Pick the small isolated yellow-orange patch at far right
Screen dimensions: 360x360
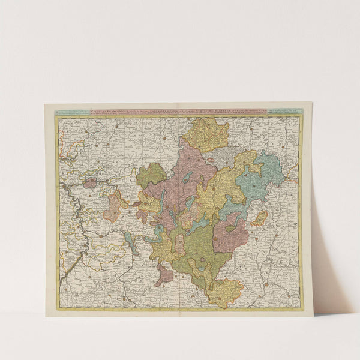(x=259, y=218)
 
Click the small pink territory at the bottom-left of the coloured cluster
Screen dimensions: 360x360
(x=163, y=275)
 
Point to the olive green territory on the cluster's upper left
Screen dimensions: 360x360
(x=150, y=175)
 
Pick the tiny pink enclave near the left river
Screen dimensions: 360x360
(x=89, y=182)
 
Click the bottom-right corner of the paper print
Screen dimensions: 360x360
(x=313, y=315)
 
